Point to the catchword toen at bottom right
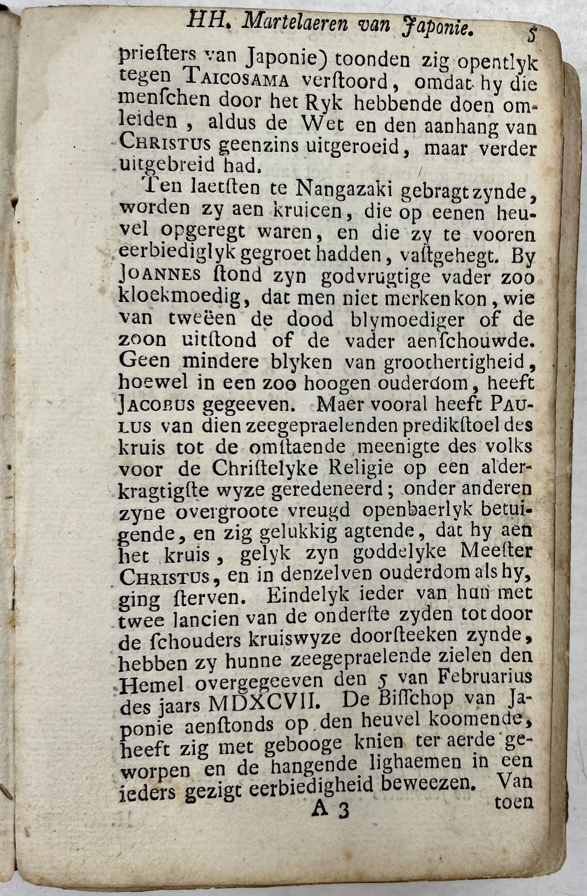[514, 802]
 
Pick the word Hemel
[151, 684]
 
